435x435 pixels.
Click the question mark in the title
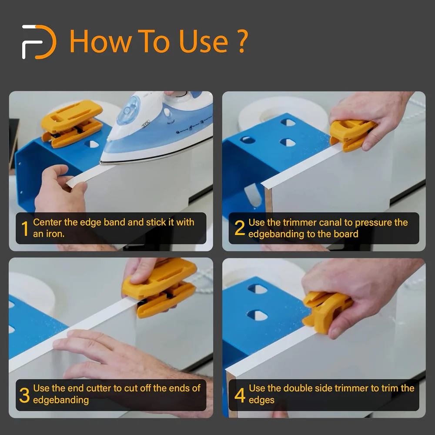(x=241, y=42)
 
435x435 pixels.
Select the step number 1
(x=25, y=229)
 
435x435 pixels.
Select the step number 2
(x=239, y=228)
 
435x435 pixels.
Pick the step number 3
(x=24, y=395)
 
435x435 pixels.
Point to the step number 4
(x=240, y=395)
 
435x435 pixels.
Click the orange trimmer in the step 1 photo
(x=72, y=123)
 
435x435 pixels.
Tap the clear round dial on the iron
(x=128, y=110)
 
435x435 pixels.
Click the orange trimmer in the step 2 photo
(x=352, y=135)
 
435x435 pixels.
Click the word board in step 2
(x=346, y=234)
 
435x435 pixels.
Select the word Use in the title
(x=203, y=42)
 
